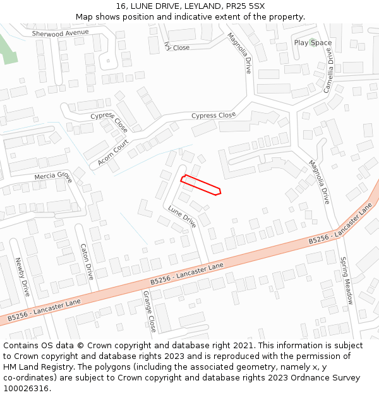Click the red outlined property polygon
click(x=201, y=185)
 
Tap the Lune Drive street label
click(x=182, y=216)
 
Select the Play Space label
click(x=313, y=43)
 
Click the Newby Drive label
click(x=23, y=277)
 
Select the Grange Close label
click(x=149, y=311)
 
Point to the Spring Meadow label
click(x=346, y=281)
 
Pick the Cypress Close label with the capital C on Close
click(x=214, y=116)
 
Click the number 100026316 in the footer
click(x=26, y=388)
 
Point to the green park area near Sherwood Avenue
click(x=8, y=49)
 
